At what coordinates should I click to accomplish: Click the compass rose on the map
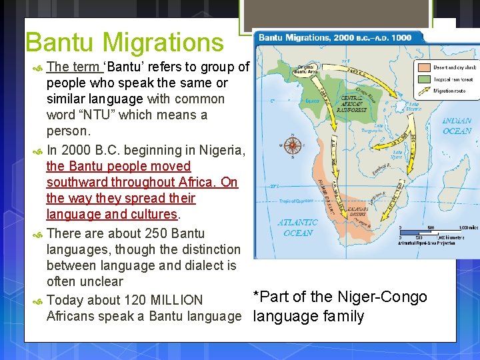(x=291, y=145)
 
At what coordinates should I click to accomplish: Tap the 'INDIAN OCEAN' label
(x=457, y=126)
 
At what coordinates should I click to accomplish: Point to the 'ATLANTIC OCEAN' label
(x=297, y=227)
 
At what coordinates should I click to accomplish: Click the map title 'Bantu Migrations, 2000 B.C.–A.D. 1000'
(x=335, y=38)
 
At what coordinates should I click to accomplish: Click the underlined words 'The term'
(x=73, y=67)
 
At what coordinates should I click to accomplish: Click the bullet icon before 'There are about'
(x=38, y=234)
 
